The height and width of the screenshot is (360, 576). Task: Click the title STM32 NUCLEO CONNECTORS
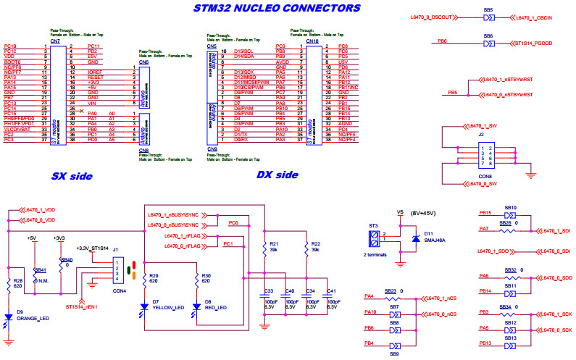277,8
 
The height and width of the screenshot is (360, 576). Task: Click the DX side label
277,175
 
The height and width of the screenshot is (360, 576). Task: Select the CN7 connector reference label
55,41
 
